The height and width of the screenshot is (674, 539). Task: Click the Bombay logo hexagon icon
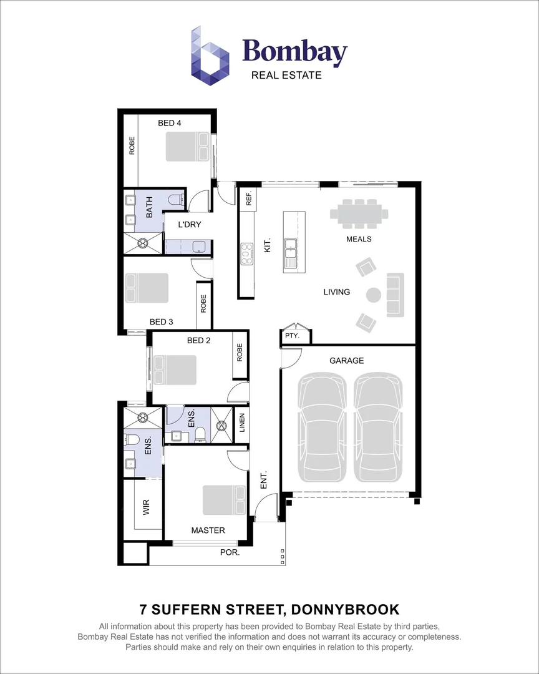[x=210, y=56]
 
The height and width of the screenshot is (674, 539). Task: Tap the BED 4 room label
[x=170, y=123]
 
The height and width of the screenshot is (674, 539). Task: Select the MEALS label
[x=359, y=239]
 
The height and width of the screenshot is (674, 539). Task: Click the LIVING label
[x=336, y=291]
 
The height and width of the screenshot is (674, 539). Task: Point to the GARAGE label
[x=346, y=361]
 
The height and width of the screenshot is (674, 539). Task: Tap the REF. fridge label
[x=248, y=198]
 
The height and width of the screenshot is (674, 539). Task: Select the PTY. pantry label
[x=292, y=336]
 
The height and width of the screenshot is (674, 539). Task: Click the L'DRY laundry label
[x=190, y=225]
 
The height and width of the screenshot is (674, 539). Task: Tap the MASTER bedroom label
[x=208, y=530]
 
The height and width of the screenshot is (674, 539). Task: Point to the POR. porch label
[x=229, y=553]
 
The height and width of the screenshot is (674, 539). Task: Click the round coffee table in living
[x=374, y=295]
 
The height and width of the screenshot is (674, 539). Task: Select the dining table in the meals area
[x=359, y=214]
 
